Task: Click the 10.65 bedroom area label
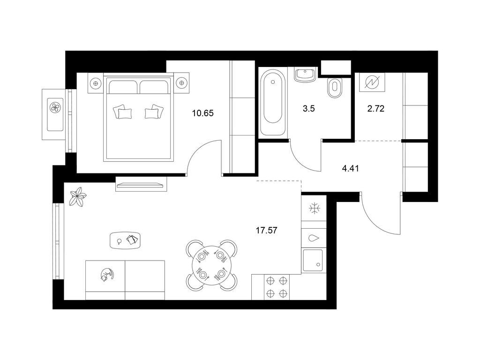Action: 202,113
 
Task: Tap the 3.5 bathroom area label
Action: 308,108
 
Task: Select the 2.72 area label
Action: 375,108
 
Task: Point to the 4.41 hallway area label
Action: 350,168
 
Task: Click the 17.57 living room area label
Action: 266,230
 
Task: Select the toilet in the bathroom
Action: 334,88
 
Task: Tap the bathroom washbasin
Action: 305,75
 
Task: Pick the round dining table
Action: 211,265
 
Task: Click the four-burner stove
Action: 277,287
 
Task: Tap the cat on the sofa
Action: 107,274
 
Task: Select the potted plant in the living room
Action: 77,196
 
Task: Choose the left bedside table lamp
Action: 96,82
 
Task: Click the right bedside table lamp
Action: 181,82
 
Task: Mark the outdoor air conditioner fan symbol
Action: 55,107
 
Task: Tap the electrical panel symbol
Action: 372,82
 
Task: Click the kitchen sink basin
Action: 313,261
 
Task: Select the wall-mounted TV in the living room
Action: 141,185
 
